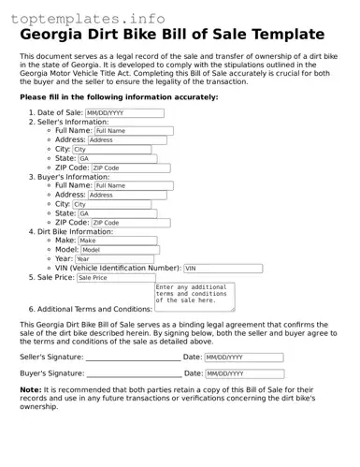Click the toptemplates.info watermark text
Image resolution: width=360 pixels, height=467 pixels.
click(x=94, y=18)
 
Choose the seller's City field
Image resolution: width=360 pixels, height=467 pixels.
click(x=111, y=149)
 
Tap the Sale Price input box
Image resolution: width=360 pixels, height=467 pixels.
click(x=113, y=278)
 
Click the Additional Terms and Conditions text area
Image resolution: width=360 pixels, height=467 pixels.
click(x=194, y=296)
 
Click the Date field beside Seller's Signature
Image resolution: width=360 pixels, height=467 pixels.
click(x=243, y=358)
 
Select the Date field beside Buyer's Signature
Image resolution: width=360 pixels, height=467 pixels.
click(x=243, y=373)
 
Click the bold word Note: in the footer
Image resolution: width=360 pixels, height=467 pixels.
click(x=31, y=388)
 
